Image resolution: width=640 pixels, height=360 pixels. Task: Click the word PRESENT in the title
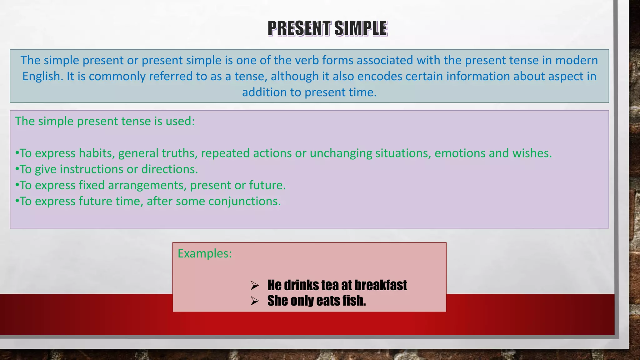point(299,28)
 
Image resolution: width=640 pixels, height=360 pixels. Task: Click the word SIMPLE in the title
point(361,28)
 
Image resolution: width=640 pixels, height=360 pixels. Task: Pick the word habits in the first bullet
point(97,153)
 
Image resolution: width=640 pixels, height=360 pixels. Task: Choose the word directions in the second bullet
point(169,169)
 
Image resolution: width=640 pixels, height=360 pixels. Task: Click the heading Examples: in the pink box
point(205,253)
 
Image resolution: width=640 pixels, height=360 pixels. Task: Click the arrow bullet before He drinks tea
point(255,285)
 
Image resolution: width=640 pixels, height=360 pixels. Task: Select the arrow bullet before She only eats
point(255,301)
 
